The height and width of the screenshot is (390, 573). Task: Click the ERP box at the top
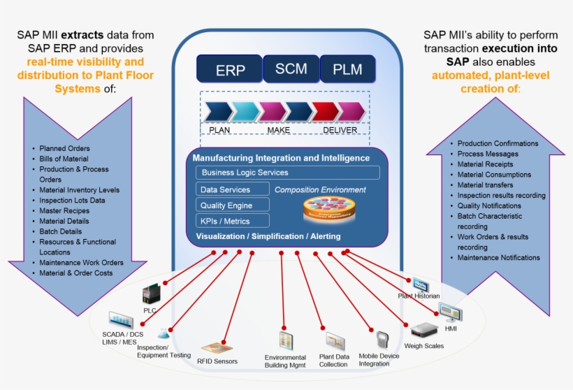229,70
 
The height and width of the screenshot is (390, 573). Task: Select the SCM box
291,69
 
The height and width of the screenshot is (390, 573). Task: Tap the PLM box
347,70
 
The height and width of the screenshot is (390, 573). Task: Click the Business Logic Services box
287,173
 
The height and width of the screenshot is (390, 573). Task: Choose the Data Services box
233,189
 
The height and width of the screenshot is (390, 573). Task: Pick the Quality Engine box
233,205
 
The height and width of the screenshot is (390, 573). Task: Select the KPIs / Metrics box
233,222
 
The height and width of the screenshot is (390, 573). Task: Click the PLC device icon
151,294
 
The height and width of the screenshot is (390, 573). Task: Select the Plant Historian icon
421,284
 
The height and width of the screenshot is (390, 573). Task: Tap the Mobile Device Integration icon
382,340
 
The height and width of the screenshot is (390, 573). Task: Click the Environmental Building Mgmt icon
285,341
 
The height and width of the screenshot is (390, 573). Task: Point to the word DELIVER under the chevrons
340,130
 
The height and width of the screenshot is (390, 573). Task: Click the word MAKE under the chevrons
278,130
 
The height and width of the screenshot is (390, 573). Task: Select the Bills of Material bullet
64,159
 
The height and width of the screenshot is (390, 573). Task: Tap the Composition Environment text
320,189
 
